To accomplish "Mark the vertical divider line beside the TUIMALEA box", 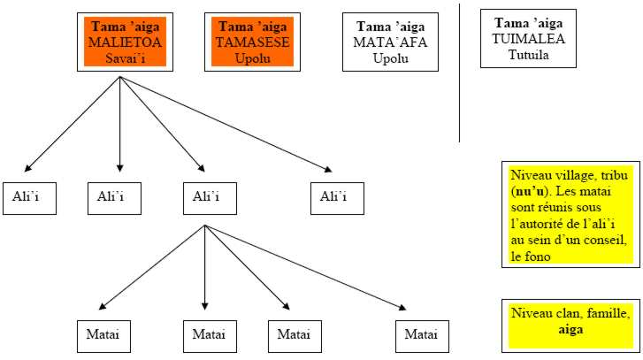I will (x=460, y=71).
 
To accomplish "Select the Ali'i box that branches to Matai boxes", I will (x=204, y=197).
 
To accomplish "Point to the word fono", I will (x=529, y=257).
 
